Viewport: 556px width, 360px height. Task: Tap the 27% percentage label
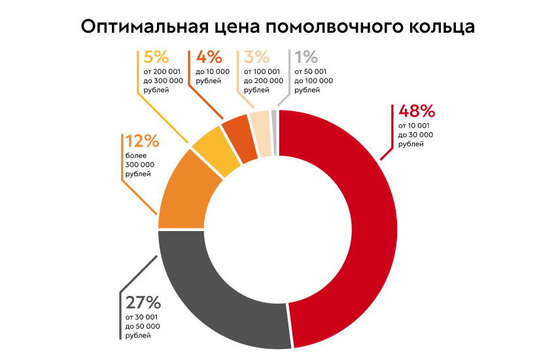tap(142, 303)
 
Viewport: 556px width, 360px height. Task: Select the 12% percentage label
tap(142, 141)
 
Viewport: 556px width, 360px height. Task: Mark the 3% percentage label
tap(257, 58)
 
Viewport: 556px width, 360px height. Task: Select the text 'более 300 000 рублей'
tap(139, 165)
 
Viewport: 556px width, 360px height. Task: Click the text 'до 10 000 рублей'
tap(213, 76)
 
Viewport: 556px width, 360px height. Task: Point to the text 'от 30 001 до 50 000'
tap(142, 321)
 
